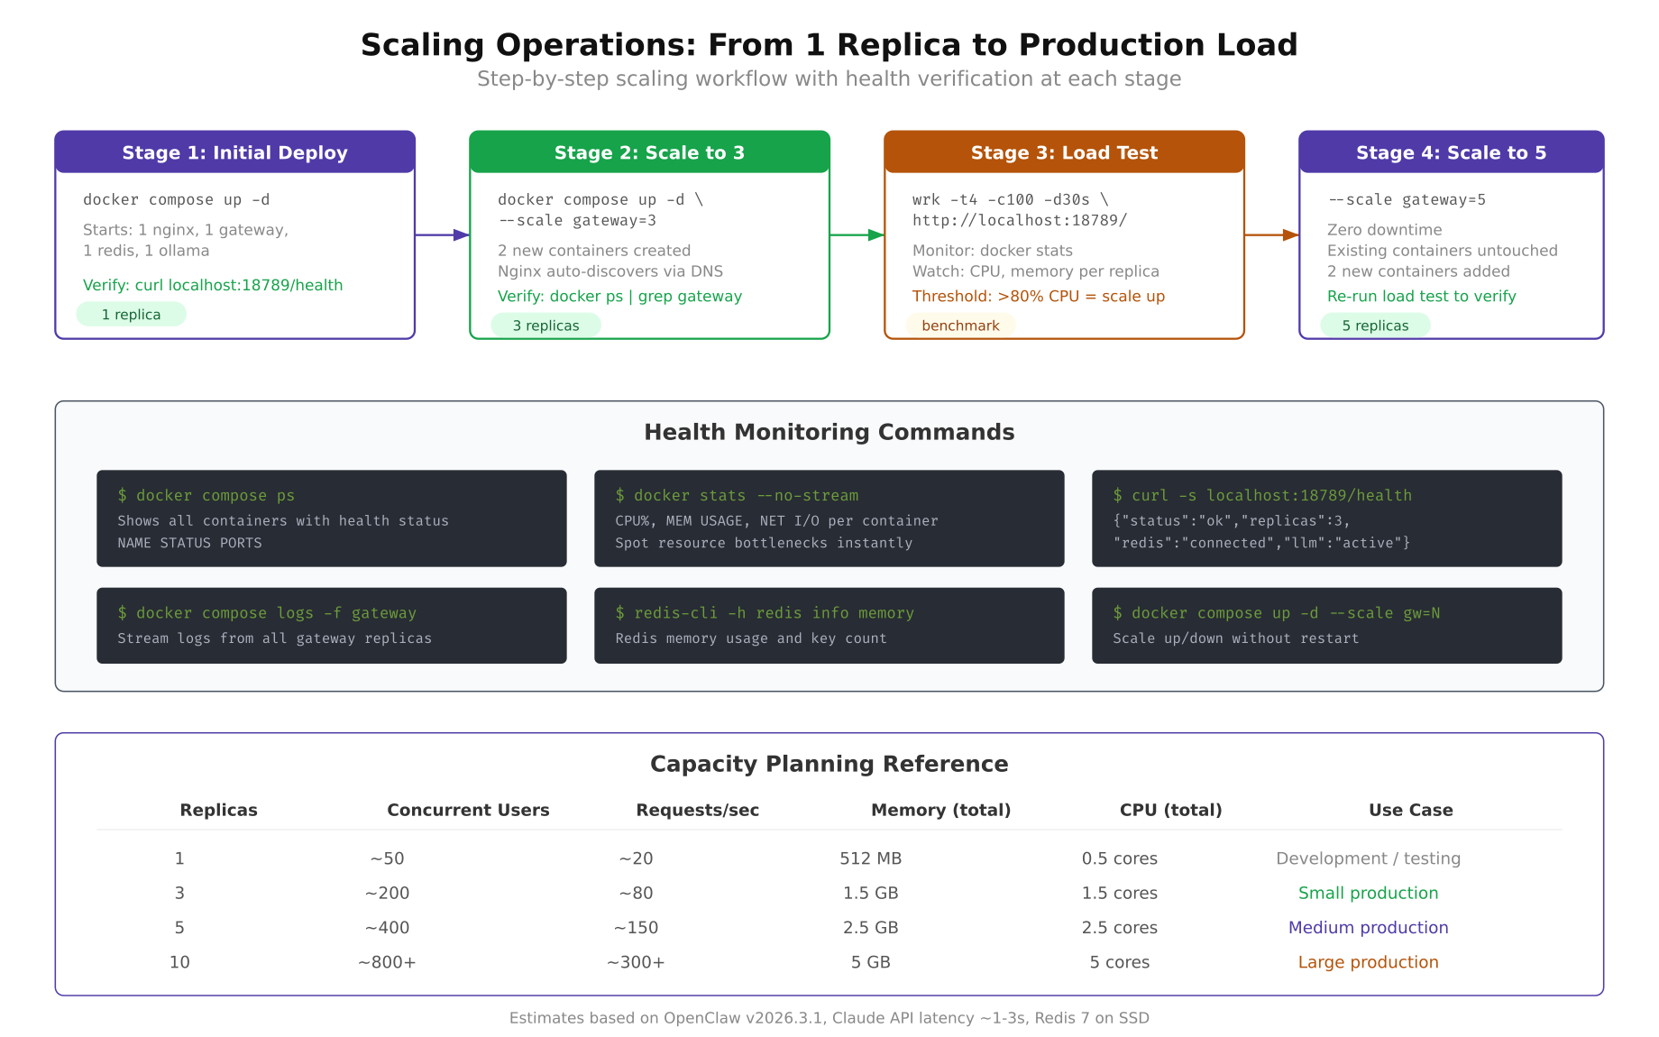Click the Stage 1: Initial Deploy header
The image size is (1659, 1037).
click(x=234, y=152)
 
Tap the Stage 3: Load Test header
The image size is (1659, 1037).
click(x=1064, y=152)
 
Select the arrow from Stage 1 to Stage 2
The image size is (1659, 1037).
click(x=442, y=235)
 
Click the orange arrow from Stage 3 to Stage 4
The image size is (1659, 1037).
click(x=1271, y=235)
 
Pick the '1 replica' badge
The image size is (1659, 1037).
click(x=132, y=315)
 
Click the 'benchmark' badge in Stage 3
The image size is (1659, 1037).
click(x=960, y=326)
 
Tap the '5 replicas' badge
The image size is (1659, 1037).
click(x=1375, y=326)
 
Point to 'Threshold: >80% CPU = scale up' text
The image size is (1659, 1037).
click(x=1038, y=296)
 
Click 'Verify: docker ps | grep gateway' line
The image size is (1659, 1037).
click(x=619, y=296)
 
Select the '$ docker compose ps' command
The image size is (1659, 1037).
click(x=206, y=495)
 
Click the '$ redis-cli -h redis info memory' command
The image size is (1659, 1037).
click(x=765, y=613)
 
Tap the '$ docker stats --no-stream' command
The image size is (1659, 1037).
click(x=737, y=495)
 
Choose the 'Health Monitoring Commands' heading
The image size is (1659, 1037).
click(x=829, y=432)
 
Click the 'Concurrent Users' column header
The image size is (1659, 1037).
click(x=468, y=810)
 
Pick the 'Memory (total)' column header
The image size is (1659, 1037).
click(x=940, y=810)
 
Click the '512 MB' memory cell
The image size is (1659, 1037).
click(x=870, y=858)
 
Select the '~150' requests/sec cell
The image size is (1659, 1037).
click(x=636, y=928)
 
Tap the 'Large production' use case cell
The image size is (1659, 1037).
click(x=1368, y=962)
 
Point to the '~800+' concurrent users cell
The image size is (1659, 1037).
click(x=387, y=962)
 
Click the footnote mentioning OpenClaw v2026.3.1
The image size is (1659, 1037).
click(x=829, y=1018)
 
